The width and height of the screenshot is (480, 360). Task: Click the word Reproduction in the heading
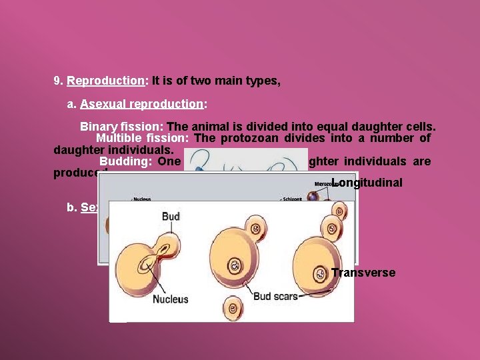(105, 81)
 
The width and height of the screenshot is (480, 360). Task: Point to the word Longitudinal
(368, 183)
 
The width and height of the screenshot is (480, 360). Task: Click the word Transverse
(363, 273)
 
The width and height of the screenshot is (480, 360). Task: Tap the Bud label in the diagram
(171, 216)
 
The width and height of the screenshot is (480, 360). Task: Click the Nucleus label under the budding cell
(171, 299)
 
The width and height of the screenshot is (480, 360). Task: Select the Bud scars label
(275, 295)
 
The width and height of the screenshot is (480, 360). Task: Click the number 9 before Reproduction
(58, 81)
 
